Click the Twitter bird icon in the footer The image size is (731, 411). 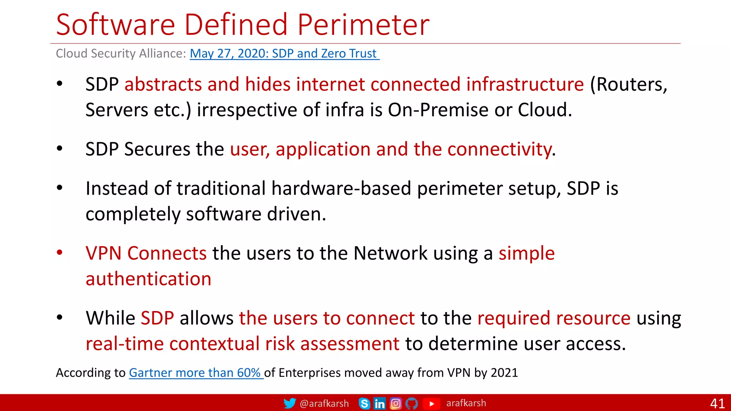tap(289, 403)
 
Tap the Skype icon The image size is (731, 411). tap(364, 404)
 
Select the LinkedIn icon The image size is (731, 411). tap(379, 404)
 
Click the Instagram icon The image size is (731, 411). tap(395, 404)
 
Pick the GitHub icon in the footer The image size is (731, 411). tap(412, 404)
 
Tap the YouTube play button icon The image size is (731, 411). tap(431, 404)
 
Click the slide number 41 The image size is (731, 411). tap(717, 404)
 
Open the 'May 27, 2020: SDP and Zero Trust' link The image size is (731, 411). tap(284, 54)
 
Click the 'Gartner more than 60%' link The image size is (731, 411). tap(196, 373)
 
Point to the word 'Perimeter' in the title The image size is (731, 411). tap(363, 25)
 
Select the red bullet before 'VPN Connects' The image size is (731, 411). tap(60, 253)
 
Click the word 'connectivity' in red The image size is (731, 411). tap(499, 149)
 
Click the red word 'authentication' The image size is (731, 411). tap(148, 279)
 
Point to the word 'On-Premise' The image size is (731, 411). tap(438, 110)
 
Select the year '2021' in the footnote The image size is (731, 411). tap(504, 373)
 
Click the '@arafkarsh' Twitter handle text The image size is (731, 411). tap(324, 404)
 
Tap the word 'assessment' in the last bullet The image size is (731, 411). tap(349, 344)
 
